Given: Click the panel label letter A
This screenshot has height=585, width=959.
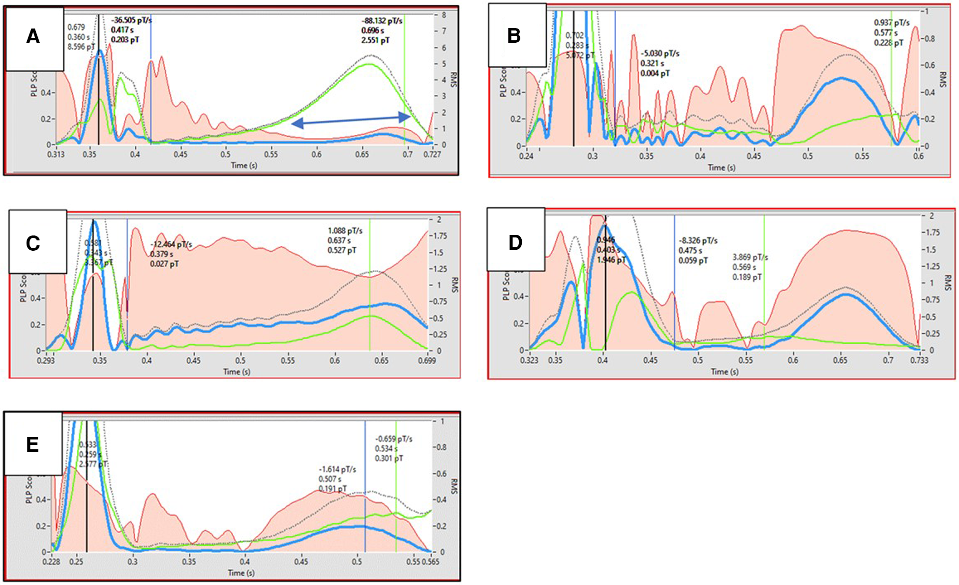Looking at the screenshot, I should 33,36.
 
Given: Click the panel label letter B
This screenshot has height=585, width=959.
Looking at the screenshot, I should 513,36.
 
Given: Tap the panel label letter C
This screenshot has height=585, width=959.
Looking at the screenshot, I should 33,243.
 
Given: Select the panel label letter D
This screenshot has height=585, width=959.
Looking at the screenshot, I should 515,242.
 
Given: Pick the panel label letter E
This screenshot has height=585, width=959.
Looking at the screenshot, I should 32,444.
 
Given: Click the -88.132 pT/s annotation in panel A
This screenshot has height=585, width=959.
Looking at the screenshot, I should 382,21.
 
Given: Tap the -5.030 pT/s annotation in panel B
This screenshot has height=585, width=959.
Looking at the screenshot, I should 659,54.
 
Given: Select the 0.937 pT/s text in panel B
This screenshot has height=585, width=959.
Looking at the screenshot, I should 892,23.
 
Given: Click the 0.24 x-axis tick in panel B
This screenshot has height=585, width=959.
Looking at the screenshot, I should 526,156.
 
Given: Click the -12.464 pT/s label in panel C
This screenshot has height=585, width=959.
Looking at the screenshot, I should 171,244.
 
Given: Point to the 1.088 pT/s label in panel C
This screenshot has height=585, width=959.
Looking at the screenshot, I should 345,231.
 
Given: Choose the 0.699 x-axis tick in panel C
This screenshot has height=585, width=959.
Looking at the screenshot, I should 427,360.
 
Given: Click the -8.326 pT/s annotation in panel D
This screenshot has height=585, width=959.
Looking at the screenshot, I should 698,240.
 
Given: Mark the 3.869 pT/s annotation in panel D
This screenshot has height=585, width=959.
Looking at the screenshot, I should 750,257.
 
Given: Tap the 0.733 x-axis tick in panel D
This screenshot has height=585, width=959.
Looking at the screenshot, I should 919,360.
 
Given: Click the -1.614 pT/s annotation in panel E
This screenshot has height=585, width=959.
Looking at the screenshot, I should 337,469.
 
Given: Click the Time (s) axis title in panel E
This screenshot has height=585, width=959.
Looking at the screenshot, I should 241,573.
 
